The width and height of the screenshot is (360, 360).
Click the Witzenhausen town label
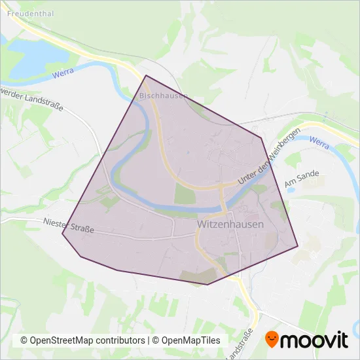point(230,224)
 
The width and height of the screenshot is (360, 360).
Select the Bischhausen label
point(163,96)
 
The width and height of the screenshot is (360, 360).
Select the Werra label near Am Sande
point(319,142)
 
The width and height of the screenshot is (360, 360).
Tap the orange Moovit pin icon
point(272,339)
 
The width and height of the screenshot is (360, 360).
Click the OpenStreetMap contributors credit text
point(82,340)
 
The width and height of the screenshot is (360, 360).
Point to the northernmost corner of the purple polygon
point(145,75)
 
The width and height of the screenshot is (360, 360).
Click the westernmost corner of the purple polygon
point(62,234)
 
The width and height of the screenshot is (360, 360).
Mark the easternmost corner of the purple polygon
point(298,247)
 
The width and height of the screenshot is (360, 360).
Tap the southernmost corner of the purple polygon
point(207,285)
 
